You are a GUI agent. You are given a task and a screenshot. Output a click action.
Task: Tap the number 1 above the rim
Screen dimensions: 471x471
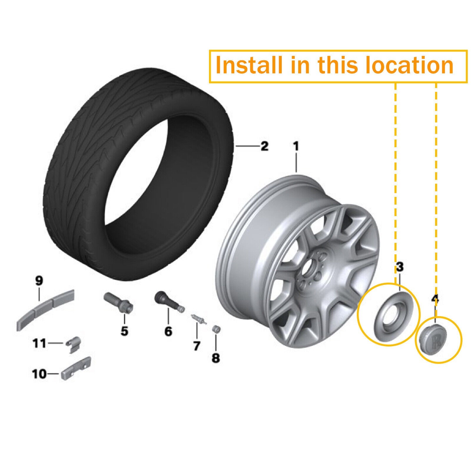(x=296, y=146)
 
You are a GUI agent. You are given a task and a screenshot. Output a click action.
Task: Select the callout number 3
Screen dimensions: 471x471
(x=399, y=267)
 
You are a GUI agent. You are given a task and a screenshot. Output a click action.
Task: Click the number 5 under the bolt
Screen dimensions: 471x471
(x=124, y=331)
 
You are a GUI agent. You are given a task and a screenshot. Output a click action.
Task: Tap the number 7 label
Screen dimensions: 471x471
(x=196, y=345)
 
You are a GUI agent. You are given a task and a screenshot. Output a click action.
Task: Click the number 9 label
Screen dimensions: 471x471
(x=39, y=281)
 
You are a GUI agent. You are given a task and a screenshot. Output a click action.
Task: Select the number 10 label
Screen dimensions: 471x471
(x=39, y=374)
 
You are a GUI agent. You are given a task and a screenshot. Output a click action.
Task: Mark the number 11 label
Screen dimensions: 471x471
(x=39, y=343)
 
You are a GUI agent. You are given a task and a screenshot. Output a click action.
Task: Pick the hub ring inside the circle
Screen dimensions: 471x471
(x=388, y=313)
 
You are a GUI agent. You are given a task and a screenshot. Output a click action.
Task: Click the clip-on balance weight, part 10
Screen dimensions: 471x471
(x=76, y=368)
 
